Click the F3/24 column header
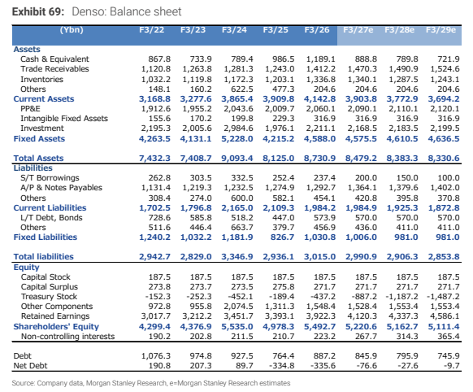click(x=234, y=30)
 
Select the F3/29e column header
click(x=440, y=30)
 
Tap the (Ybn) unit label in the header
click(x=72, y=30)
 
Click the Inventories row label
click(x=42, y=80)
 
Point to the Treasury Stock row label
click(x=50, y=297)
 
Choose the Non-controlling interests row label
click(x=68, y=337)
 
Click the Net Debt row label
click(x=30, y=366)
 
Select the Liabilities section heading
click(x=33, y=168)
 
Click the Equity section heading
click(x=27, y=268)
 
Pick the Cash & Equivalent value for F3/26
click(x=321, y=59)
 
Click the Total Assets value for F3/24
click(x=237, y=159)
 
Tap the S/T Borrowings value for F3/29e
click(x=449, y=178)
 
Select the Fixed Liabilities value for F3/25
click(x=282, y=237)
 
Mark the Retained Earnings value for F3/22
click(x=156, y=316)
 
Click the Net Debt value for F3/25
click(x=281, y=366)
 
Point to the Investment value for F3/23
click(x=197, y=128)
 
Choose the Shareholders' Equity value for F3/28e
click(x=402, y=327)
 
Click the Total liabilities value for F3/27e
click(x=361, y=257)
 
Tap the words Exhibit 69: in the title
click(x=38, y=11)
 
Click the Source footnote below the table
click(x=151, y=383)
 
